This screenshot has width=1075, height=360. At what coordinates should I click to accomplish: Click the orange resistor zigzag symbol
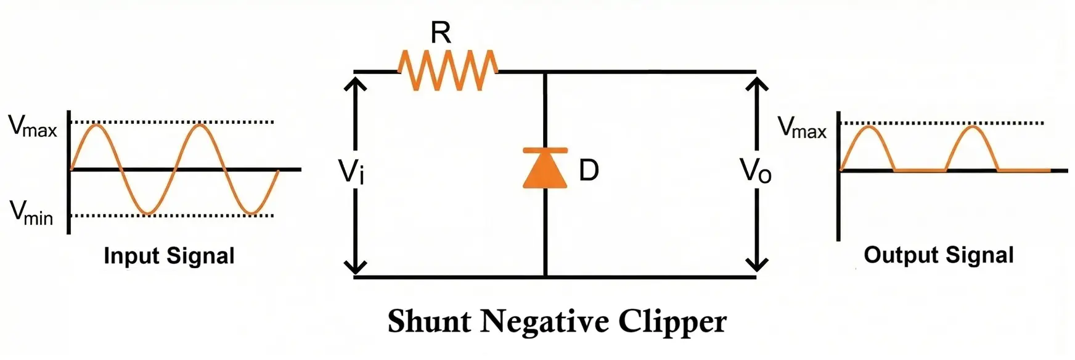click(x=448, y=71)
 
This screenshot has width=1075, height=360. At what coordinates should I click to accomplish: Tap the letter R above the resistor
click(x=441, y=32)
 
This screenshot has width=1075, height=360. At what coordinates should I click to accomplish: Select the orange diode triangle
click(x=545, y=168)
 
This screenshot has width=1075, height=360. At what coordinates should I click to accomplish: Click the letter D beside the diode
click(x=589, y=170)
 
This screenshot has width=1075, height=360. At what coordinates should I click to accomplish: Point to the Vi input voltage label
click(x=352, y=171)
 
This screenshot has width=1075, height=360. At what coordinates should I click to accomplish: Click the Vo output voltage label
click(x=756, y=171)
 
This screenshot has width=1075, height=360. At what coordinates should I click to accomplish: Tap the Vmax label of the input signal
click(x=32, y=126)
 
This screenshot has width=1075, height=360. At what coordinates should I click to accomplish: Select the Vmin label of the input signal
click(x=31, y=213)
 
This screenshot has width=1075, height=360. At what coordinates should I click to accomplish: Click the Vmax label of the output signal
click(x=801, y=128)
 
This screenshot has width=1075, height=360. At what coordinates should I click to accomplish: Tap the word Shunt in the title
click(x=429, y=322)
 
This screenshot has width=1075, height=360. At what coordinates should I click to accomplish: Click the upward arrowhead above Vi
click(x=355, y=81)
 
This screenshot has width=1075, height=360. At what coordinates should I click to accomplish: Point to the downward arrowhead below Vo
click(x=756, y=265)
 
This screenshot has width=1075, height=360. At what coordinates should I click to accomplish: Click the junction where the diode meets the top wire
click(x=545, y=72)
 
